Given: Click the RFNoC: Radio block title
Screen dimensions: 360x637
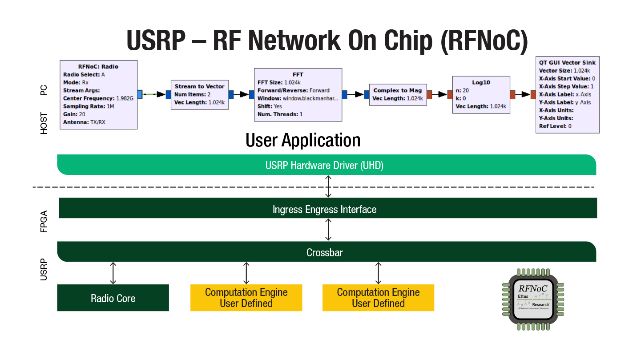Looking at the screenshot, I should (98, 66).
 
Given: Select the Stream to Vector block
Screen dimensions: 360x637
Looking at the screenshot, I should (199, 94).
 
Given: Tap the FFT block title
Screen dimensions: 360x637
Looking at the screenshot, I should (298, 74).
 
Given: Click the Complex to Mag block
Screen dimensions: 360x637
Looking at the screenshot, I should (397, 94).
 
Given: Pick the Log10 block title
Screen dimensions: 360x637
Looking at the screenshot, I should (480, 82).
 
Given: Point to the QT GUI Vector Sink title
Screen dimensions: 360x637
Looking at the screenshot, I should (567, 62).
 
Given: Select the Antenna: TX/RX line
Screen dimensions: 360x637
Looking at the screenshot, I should (84, 122).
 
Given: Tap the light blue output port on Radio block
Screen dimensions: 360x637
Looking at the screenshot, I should (140, 94).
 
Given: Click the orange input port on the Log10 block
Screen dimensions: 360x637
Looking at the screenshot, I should (450, 94).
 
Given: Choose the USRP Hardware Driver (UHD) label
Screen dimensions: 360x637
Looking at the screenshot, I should (324, 166).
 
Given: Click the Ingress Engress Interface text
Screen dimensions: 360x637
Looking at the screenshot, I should (324, 210).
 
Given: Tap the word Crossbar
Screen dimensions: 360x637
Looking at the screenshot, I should (324, 253).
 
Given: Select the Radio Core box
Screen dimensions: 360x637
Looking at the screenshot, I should (113, 298).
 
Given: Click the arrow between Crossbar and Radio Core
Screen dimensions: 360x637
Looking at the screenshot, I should (113, 273).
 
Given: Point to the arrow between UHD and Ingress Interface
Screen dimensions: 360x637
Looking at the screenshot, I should (328, 186).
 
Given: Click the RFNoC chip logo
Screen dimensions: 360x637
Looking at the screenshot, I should (532, 299).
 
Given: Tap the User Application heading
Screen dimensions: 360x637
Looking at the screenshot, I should (302, 141).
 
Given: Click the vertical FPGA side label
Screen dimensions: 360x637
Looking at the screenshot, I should (44, 222).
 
